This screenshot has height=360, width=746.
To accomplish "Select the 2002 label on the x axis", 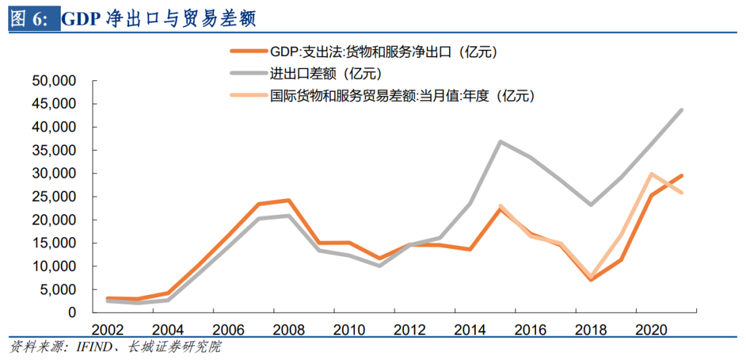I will tap(106, 329).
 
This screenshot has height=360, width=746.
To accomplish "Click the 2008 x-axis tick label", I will tap(288, 329).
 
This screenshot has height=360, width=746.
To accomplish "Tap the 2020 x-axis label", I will tap(651, 329).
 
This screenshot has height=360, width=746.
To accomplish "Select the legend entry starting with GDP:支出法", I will tap(384, 51).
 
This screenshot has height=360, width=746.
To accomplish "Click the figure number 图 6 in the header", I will tap(29, 19).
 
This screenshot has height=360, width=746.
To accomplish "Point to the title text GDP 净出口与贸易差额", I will tap(159, 19).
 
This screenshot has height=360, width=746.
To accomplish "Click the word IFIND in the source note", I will tap(89, 346).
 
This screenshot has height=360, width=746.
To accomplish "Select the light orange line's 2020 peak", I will tap(651, 174).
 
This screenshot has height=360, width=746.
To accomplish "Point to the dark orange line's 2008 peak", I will tap(288, 200).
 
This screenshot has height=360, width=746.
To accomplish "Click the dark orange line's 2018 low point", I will tap(591, 279).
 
